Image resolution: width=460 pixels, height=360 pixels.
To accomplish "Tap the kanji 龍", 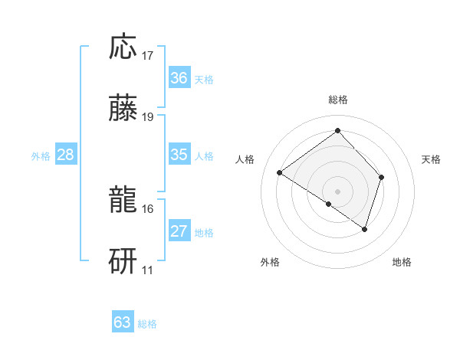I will tap(123, 201).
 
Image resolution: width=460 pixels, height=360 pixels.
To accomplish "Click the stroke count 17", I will tap(148, 56).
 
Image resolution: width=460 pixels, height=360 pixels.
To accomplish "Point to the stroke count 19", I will tap(148, 117).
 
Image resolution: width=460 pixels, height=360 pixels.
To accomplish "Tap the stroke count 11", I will tap(148, 270).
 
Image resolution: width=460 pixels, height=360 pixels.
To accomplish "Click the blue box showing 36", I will tap(179, 78).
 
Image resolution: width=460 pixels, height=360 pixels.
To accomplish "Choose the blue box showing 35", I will tap(179, 155).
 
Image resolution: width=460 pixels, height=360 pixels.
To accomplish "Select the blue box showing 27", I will tap(179, 231).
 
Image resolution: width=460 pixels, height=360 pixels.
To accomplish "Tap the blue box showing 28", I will tap(66, 155).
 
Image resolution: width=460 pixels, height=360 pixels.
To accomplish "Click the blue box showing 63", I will tap(123, 322).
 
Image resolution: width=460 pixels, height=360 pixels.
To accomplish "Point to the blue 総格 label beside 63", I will tap(147, 324).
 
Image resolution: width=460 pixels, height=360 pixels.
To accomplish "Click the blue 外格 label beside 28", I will tap(41, 155).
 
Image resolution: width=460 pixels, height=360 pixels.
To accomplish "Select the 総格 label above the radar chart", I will tap(338, 100).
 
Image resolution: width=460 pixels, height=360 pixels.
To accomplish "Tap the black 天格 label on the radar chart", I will tap(432, 159).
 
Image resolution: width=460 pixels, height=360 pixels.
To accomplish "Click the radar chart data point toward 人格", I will tap(280, 173).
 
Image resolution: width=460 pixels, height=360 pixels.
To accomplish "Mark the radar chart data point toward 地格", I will tap(365, 228).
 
